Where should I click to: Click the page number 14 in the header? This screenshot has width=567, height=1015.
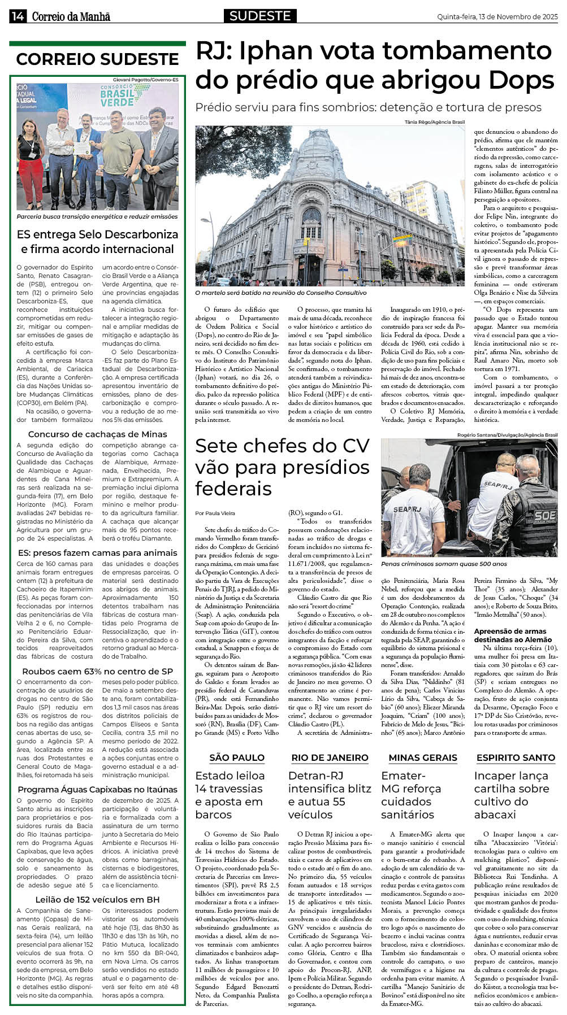coord(17,16)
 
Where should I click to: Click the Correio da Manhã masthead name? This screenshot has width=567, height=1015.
coord(71,17)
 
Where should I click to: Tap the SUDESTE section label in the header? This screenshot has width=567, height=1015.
coord(260,16)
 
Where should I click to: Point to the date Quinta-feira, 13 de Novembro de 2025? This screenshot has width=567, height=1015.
coord(497,17)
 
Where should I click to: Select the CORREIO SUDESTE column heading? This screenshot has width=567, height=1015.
coord(97,59)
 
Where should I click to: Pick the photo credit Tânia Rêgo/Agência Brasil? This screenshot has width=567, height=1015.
coord(434,122)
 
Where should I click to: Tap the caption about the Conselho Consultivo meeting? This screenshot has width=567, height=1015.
coord(280,293)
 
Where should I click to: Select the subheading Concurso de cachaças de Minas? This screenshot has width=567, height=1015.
coord(97,434)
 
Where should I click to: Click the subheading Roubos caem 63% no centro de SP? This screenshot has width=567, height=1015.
coord(97,671)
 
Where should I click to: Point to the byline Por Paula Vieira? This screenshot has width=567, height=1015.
coord(215,513)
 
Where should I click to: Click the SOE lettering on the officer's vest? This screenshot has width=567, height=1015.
coord(543,515)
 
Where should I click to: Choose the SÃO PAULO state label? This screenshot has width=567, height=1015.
coord(237,757)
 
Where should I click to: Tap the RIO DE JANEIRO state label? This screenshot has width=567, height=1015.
coord(330,757)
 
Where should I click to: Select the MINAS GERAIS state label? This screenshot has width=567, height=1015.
coord(423,757)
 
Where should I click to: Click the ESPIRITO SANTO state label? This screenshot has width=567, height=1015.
coord(516,757)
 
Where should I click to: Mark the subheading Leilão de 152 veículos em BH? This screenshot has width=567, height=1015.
coord(97,899)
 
